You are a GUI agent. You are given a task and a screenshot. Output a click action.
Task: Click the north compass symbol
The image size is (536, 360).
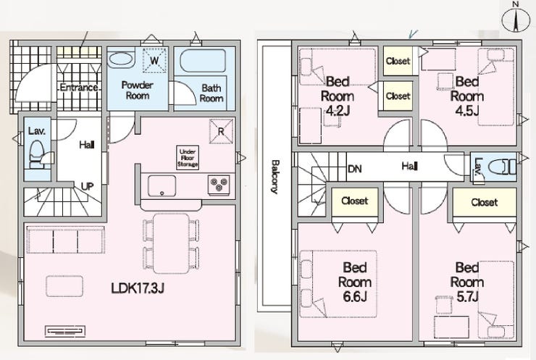(x=516, y=19)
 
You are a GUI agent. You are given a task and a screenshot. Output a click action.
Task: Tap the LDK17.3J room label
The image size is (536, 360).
(x=138, y=288)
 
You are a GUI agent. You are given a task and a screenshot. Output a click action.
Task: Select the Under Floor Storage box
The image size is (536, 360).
(x=188, y=158)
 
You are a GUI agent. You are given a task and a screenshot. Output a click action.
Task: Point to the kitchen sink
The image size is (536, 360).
(x=162, y=186)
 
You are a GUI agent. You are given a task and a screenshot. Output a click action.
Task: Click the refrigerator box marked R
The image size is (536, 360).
(x=221, y=131)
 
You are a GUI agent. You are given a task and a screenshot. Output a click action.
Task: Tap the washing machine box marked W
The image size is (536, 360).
(x=154, y=61)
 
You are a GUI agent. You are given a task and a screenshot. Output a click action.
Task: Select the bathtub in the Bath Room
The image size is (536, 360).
(x=203, y=61)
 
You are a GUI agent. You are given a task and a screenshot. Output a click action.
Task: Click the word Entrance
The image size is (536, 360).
(x=79, y=88)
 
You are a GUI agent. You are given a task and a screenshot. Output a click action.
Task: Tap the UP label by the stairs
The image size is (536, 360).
(x=87, y=187)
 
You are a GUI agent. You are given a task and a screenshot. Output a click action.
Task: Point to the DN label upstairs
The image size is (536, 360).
(x=354, y=169)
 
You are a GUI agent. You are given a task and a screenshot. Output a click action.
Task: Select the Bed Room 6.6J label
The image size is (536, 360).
(x=354, y=282)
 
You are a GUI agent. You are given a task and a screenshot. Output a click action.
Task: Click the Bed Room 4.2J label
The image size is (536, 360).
(x=337, y=96)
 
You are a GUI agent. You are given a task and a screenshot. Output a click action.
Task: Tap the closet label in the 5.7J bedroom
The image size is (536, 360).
(x=485, y=202)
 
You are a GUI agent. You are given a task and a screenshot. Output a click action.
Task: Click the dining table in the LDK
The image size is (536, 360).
(x=171, y=243)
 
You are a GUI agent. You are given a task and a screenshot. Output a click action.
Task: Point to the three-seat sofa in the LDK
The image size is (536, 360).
(x=65, y=240)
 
